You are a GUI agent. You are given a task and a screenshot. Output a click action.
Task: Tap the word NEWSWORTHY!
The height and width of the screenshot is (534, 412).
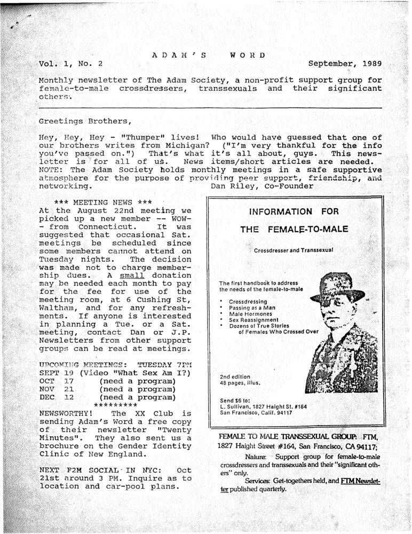(x=69, y=413)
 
